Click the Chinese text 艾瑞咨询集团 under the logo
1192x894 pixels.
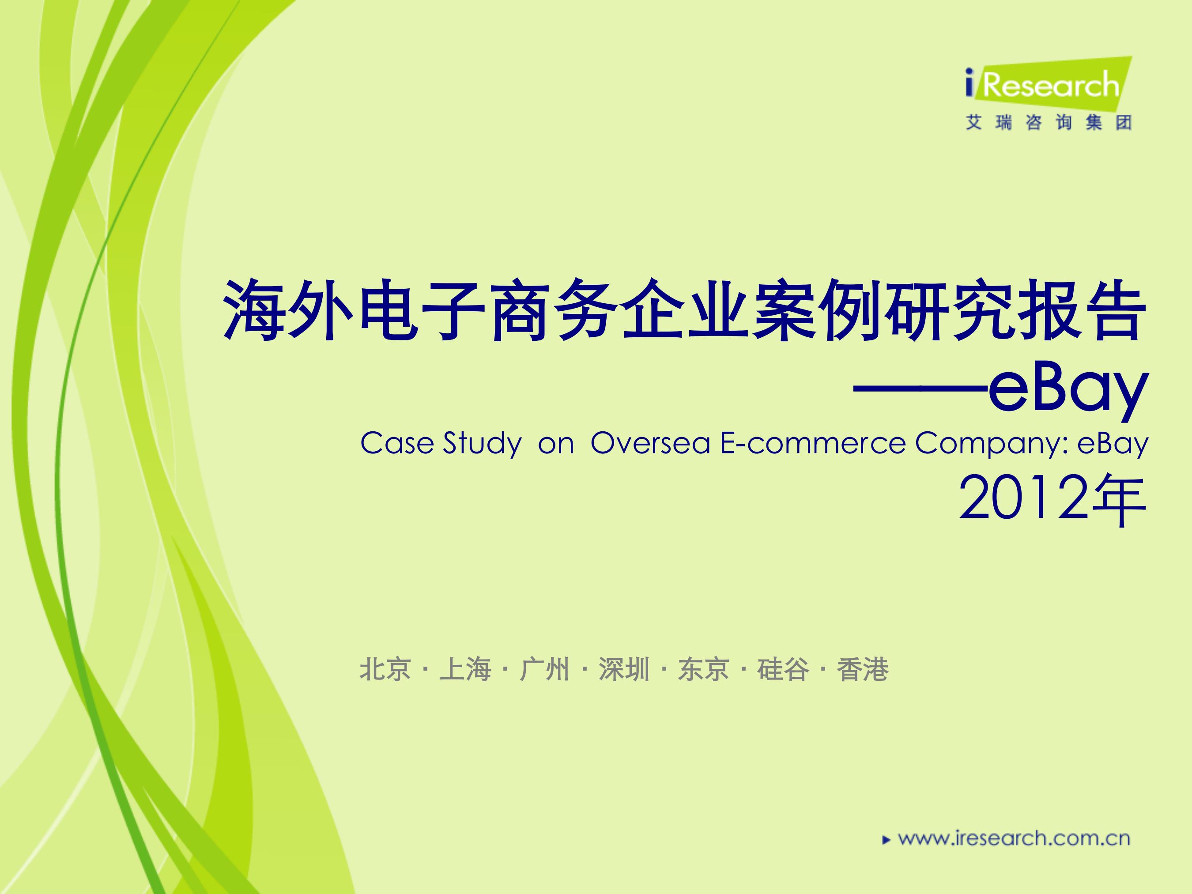click(1048, 123)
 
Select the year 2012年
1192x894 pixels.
click(1053, 501)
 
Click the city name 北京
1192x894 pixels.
click(385, 670)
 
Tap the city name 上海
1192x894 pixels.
click(465, 670)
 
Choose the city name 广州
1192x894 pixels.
click(544, 670)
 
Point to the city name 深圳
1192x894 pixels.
click(623, 670)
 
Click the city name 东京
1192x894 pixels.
click(703, 670)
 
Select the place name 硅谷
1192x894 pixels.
click(783, 670)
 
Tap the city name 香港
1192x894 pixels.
click(862, 670)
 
